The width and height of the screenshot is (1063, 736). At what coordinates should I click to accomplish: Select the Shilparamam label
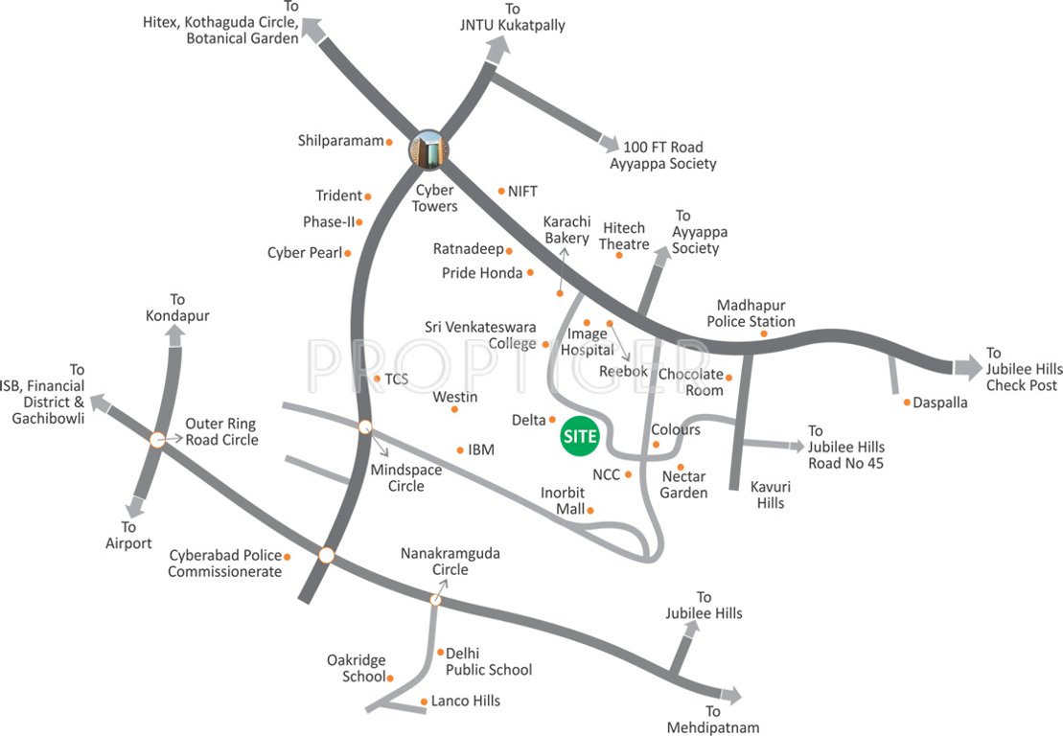tap(340, 141)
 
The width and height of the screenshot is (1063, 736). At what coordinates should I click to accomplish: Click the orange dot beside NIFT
tap(501, 191)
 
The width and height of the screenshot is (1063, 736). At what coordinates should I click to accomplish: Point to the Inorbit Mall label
tap(563, 501)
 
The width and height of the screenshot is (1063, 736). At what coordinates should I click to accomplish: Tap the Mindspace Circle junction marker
tap(364, 427)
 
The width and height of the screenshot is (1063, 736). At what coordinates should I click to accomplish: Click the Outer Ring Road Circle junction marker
tap(158, 440)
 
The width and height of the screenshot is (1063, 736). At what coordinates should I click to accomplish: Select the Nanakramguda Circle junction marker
tap(435, 599)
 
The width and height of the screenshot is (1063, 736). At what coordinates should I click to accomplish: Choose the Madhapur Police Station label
tap(751, 313)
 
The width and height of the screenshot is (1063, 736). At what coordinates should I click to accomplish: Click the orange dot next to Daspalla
tap(907, 402)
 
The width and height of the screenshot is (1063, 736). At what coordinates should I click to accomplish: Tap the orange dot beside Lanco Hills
tap(424, 701)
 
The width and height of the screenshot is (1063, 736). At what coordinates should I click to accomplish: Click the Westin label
tap(455, 396)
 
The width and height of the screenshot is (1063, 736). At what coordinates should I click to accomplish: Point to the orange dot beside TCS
tap(378, 379)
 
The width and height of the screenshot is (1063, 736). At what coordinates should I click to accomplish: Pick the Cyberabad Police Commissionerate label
tap(225, 563)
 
